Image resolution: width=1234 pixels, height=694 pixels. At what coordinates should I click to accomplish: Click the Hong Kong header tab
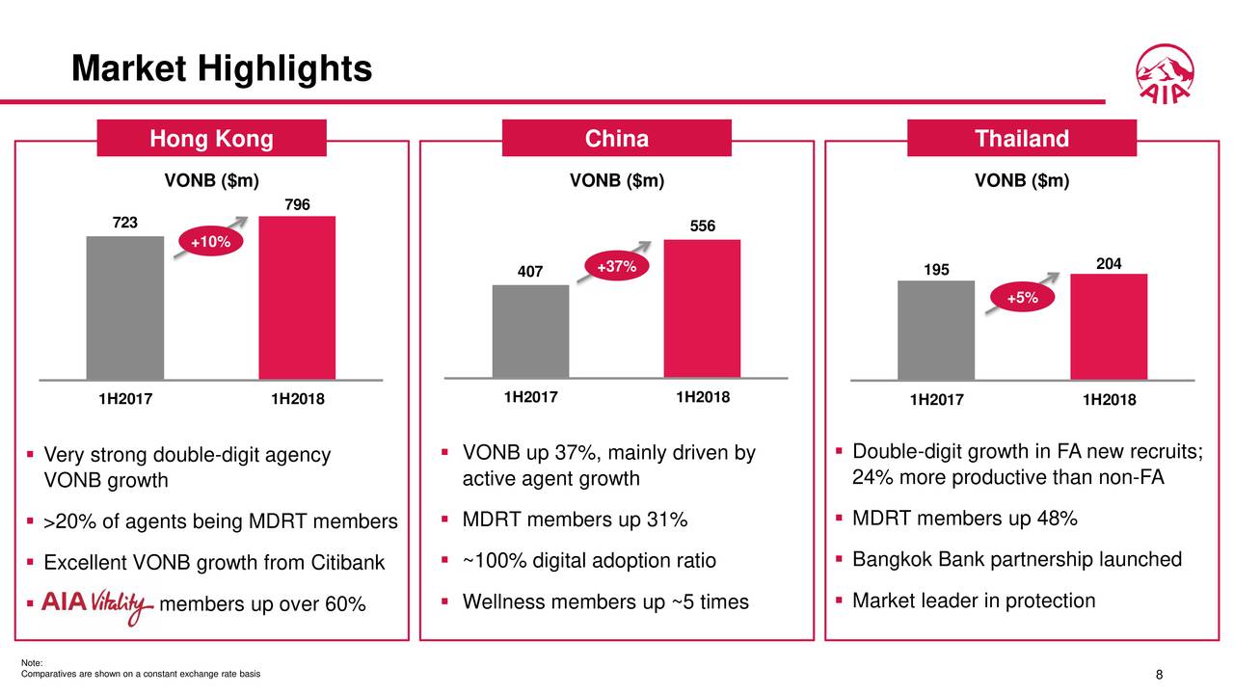point(211,139)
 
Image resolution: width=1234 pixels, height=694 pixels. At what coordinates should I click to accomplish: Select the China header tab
point(617,139)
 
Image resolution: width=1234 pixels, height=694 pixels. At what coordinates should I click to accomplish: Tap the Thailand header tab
point(1022,139)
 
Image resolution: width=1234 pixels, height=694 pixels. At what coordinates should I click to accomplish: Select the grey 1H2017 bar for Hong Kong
point(124,307)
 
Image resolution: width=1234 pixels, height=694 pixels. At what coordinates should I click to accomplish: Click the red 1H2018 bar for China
point(702,307)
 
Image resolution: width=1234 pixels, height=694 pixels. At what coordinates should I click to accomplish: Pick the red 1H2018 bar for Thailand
point(1108,327)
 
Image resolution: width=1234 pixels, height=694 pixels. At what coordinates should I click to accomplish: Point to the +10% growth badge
point(209,242)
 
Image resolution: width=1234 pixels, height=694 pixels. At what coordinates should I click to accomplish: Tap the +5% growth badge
point(1022,299)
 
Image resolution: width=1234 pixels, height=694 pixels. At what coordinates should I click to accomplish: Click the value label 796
point(297,204)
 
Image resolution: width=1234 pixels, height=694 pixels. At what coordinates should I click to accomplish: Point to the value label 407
point(530,273)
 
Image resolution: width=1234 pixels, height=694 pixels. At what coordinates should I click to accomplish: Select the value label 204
point(1108,263)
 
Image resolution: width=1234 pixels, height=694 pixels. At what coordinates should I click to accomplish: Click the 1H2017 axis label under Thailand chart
point(934,400)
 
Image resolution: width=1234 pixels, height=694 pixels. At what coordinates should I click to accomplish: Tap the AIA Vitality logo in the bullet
point(96,605)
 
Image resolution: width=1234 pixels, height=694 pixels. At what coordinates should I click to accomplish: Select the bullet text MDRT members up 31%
point(575,520)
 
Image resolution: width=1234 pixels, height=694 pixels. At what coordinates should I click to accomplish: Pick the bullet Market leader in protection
point(974,601)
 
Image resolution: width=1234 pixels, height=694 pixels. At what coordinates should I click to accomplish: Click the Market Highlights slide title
point(222,69)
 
